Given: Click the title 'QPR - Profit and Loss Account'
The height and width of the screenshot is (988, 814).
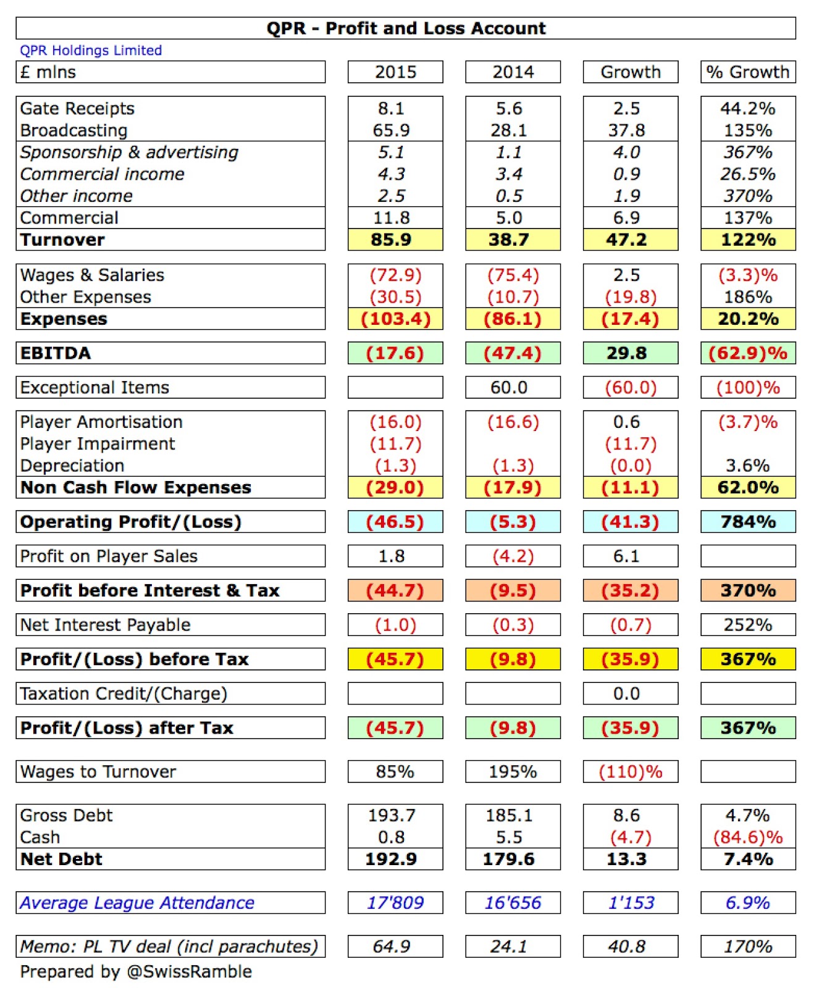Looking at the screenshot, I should click(406, 28).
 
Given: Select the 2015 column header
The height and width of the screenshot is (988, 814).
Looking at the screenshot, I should click(395, 72).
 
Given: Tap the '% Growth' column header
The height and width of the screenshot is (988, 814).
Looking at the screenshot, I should click(747, 72).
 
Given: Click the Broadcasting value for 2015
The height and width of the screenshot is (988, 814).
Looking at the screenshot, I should click(391, 130).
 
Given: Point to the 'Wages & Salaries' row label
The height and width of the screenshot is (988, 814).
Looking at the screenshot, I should click(92, 275).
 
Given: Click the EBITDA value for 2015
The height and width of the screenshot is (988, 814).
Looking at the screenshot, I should click(395, 353).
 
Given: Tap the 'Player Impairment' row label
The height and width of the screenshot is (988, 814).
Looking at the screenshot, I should click(98, 443).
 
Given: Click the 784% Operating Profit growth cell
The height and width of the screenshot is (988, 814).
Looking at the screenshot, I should click(747, 522).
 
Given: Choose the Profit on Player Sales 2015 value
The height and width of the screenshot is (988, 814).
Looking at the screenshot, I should click(391, 556).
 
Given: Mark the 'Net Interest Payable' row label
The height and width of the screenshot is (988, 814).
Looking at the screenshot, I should click(105, 625).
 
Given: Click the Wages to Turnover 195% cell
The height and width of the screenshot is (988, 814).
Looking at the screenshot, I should click(513, 771).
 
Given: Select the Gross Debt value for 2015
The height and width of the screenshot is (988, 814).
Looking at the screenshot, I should click(391, 815).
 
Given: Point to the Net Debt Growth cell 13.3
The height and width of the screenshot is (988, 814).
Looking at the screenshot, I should click(626, 859).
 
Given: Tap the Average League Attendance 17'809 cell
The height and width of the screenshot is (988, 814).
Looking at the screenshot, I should click(395, 903).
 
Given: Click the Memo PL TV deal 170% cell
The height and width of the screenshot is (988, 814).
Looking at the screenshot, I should click(747, 946).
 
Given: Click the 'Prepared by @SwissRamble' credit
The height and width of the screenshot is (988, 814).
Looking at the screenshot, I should click(136, 972).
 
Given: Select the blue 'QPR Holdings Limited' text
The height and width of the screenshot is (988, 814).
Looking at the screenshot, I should click(91, 51).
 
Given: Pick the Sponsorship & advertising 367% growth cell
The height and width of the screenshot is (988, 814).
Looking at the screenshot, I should click(747, 152).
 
